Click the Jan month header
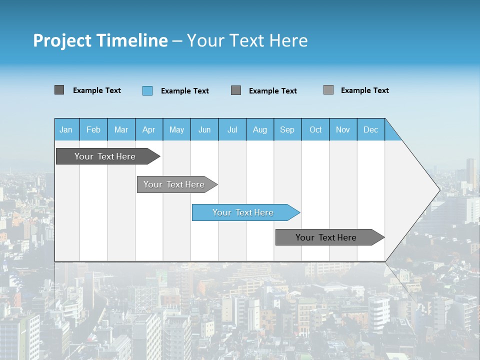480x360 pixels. click(66, 129)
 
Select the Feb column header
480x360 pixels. click(93, 129)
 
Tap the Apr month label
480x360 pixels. click(149, 129)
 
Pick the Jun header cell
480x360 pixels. click(204, 129)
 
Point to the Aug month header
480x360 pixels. click(260, 129)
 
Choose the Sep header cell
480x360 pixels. click(287, 129)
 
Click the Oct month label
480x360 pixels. click(315, 129)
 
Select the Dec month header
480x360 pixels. click(371, 129)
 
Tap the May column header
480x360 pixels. click(176, 129)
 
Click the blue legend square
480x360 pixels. click(147, 90)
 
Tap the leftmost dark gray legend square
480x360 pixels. click(59, 90)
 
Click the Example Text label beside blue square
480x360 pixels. click(185, 91)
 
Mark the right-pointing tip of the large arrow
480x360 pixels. click(439, 189)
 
